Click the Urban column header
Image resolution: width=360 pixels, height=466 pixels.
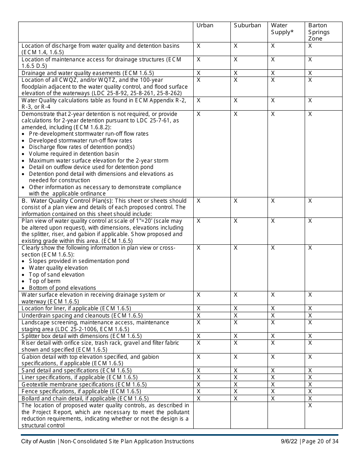click(205, 25)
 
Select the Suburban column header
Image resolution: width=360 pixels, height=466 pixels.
click(247, 25)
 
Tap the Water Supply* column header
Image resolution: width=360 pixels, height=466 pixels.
click(282, 29)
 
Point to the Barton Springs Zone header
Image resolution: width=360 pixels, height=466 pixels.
click(319, 32)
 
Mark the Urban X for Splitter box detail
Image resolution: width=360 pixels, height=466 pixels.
click(199, 336)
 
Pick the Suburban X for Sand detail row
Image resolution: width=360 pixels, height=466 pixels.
click(235, 371)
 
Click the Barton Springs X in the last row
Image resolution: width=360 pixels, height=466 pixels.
click(310, 405)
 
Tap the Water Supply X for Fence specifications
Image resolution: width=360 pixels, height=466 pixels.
click(273, 391)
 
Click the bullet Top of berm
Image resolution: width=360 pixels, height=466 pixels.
click(44, 281)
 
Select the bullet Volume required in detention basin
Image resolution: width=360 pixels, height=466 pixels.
click(74, 154)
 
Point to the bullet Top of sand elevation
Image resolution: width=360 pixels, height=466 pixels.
click(56, 275)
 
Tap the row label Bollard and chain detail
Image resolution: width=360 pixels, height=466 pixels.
click(85, 399)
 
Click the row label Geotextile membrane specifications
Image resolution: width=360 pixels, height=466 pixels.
click(84, 385)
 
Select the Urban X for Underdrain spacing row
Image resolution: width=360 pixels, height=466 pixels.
click(199, 316)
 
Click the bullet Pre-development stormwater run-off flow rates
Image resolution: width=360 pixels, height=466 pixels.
click(88, 134)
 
